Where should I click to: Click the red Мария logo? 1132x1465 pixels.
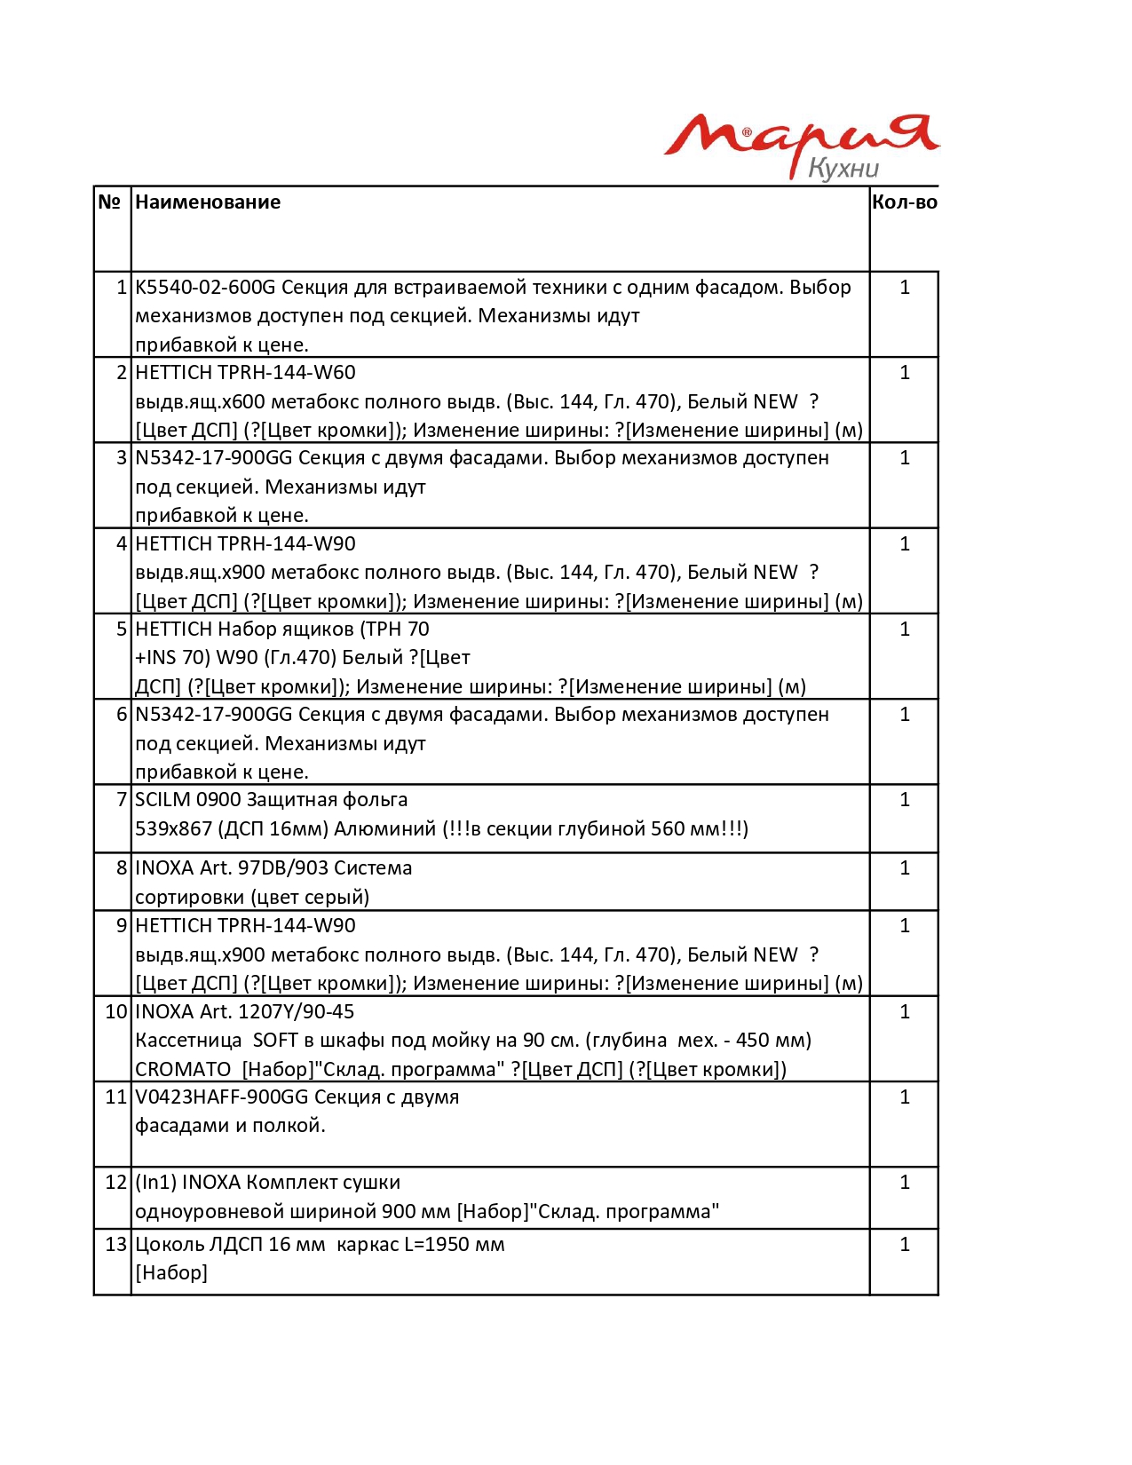coord(799,138)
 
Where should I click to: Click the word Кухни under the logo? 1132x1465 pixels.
coord(843,169)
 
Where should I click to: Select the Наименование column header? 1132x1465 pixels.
coord(208,202)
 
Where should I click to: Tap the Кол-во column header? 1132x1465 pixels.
coord(904,202)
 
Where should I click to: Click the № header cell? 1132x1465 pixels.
coord(109,202)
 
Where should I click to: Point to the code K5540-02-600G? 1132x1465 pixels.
coord(205,288)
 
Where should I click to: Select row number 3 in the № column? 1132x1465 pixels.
coord(122,458)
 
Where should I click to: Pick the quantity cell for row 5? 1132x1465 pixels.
coord(904,630)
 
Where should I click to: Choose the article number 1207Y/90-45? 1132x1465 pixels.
coord(296,1012)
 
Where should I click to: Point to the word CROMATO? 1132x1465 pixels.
coord(183,1070)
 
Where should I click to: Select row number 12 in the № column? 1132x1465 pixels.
coord(116,1183)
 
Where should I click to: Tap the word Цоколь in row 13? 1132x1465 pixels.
coord(170,1245)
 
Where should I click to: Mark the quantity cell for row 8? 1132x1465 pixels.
coord(904,868)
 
